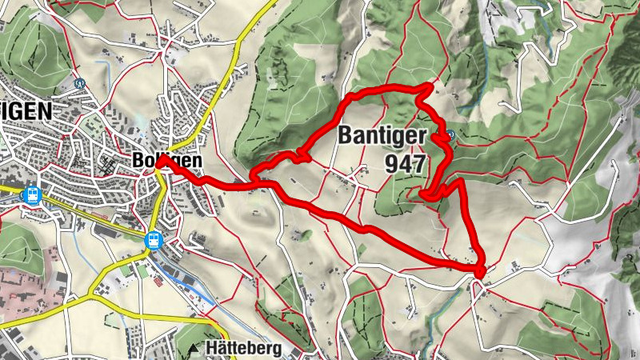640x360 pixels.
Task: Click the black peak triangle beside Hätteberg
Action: [x=194, y=350]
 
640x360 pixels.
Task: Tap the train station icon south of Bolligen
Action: [x=152, y=239]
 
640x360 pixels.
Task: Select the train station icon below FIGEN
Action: [x=31, y=195]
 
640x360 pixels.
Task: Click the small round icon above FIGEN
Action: [x=79, y=82]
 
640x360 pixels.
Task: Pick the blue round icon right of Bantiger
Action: [x=451, y=135]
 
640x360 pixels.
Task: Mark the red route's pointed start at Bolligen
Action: [x=159, y=160]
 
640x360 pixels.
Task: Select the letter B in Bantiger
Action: [x=346, y=135]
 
